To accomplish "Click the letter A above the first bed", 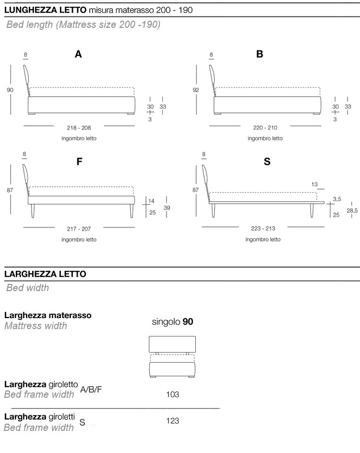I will [x=78, y=55].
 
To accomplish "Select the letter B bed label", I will [x=260, y=55].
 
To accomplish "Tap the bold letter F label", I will [x=80, y=162].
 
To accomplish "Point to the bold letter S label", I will [x=267, y=162].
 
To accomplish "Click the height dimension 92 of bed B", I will [x=196, y=89].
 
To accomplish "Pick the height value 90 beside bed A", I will [x=10, y=89].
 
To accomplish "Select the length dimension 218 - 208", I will [x=79, y=128].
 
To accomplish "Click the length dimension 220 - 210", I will [x=265, y=128].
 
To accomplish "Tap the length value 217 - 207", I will [x=79, y=229].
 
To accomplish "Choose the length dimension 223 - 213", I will [x=263, y=229].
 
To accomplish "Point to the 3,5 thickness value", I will [x=337, y=198].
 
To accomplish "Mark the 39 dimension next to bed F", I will [x=167, y=208].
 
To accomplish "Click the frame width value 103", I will [x=173, y=394].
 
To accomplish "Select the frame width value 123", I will [x=173, y=421].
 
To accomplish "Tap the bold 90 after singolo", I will [x=188, y=322].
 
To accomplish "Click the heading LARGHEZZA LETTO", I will [x=45, y=274].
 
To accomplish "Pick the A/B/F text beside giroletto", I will [x=91, y=389].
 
